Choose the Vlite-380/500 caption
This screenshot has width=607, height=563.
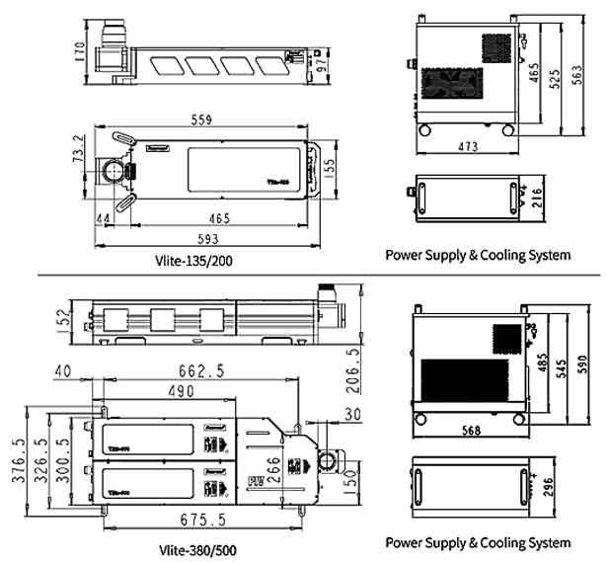tap(196, 549)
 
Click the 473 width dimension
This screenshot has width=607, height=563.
tap(468, 147)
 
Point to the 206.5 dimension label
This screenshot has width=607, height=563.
tap(352, 370)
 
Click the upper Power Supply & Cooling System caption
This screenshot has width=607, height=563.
tap(478, 254)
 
